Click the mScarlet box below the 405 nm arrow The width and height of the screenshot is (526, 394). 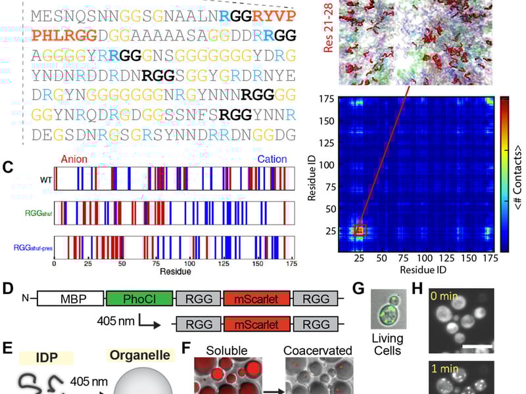coord(255,324)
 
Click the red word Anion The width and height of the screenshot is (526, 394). coord(74,160)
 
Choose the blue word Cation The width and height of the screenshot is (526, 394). coord(272,160)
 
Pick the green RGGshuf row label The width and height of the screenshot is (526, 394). coord(33,211)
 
